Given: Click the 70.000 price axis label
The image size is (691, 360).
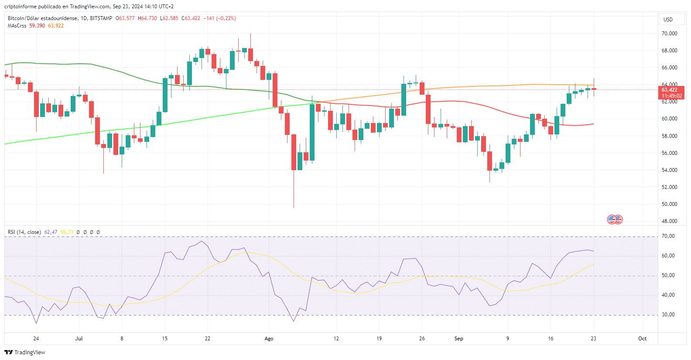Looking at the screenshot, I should (669, 34).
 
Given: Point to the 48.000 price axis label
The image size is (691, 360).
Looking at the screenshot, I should (669, 221).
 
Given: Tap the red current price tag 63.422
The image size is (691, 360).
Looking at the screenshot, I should (671, 90).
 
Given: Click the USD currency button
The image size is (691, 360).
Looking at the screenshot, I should (668, 19).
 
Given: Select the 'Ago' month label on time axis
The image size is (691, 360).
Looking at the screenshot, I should (269, 339).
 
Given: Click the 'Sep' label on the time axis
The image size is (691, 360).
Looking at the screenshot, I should (458, 339).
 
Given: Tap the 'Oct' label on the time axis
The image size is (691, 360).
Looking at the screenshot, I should (642, 339).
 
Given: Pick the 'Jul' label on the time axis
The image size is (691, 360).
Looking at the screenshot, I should (79, 339).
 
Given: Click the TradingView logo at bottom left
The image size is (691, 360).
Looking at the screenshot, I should (25, 352).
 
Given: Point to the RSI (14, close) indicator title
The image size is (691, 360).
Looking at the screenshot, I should (24, 232).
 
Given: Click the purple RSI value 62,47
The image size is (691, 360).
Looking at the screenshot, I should (51, 232).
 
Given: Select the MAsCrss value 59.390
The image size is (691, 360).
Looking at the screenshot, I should (37, 26).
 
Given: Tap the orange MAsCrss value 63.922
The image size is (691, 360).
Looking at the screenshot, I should (56, 26).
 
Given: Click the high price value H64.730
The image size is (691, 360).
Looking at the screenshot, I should (147, 18).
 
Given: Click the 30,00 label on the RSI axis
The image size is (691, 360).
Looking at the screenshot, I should (668, 315).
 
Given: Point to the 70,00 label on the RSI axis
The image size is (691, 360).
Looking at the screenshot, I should (668, 236).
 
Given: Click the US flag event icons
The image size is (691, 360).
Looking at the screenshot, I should (615, 219).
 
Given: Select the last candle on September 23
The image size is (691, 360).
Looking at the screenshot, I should (594, 89).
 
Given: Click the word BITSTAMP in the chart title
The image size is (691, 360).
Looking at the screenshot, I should (101, 18).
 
